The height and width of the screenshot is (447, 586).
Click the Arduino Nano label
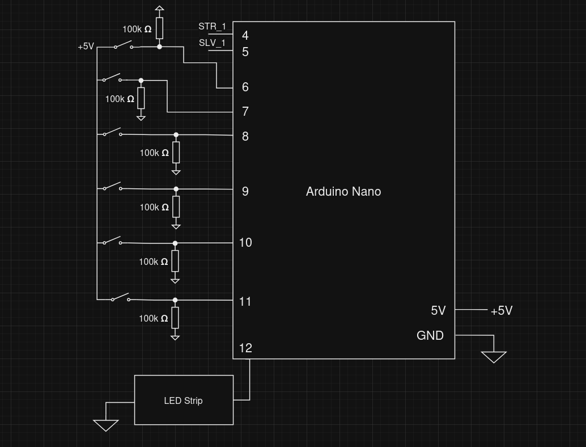pos(343,192)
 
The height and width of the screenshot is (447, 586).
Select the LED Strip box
pos(184,400)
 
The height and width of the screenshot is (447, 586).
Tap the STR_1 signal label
pos(212,27)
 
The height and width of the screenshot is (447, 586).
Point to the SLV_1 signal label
pos(212,43)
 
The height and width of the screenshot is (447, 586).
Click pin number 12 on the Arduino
pos(245,348)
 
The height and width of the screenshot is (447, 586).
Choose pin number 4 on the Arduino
pos(245,36)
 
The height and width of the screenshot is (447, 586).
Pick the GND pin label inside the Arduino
pos(430,336)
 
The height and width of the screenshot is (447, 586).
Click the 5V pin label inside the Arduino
pos(438,311)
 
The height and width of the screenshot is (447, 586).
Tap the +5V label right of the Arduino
pos(501,311)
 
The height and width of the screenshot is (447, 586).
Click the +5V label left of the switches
pos(86,47)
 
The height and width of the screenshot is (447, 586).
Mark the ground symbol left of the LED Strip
pos(105,425)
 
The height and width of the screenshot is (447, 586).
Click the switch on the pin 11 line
pos(120,298)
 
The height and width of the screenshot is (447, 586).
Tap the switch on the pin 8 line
pos(112,133)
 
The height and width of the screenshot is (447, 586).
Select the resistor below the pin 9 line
pos(176,207)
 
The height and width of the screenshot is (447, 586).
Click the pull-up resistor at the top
pos(159,28)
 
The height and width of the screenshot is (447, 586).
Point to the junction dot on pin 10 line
pos(175,243)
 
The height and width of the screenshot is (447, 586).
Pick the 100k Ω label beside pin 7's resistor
pos(120,99)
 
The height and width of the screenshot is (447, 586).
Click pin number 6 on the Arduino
pos(245,87)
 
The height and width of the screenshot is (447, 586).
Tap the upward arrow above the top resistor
pos(159,9)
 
